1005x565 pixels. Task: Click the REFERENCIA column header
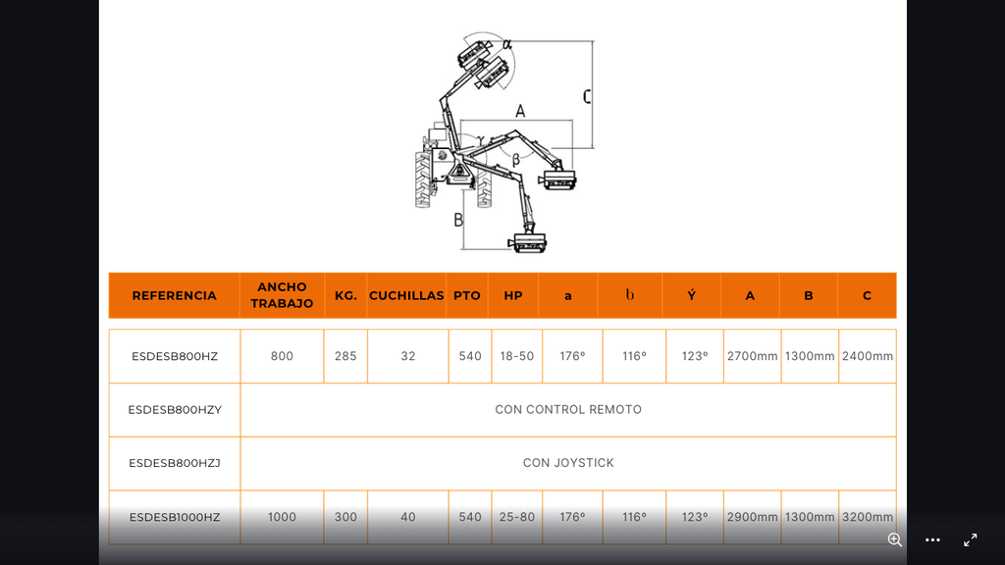(x=175, y=295)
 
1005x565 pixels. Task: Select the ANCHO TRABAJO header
(x=282, y=295)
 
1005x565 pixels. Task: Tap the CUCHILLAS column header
(x=406, y=295)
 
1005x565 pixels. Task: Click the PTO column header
(x=466, y=295)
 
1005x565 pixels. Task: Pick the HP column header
(x=512, y=295)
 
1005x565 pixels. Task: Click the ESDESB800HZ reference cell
(x=175, y=356)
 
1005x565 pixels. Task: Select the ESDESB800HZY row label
(x=175, y=410)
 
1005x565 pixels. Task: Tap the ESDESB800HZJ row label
(x=175, y=463)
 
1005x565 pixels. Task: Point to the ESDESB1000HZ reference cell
(x=175, y=517)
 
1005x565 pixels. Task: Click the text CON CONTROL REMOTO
(x=568, y=409)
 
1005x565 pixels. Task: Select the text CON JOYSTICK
(x=568, y=463)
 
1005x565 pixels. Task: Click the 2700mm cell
(x=752, y=356)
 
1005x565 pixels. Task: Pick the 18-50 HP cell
(x=516, y=356)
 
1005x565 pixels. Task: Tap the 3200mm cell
(x=868, y=517)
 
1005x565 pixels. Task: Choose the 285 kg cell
(x=345, y=356)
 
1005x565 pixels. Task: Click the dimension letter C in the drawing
(x=587, y=97)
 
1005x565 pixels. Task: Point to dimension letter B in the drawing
(x=458, y=221)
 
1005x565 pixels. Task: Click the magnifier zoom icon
(x=895, y=540)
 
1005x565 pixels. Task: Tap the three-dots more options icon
(x=932, y=540)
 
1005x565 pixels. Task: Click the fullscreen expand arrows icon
(x=971, y=540)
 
